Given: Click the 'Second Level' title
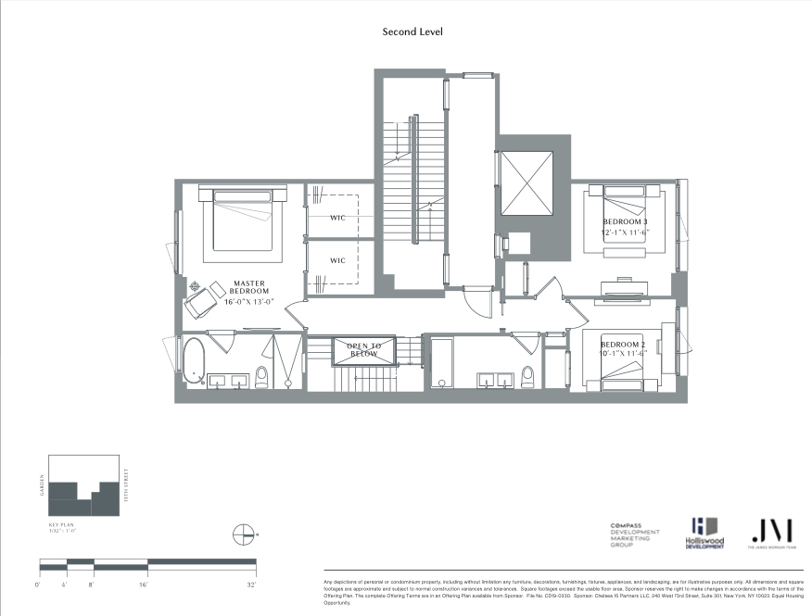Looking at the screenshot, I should [412, 31].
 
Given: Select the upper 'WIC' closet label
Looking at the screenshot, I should [337, 219].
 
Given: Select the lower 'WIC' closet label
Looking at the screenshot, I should [337, 260].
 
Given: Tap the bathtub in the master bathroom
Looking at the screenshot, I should [194, 361].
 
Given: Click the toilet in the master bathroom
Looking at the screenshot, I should [261, 375].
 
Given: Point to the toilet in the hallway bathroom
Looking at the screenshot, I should [528, 375].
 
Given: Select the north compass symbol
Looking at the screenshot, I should [246, 534].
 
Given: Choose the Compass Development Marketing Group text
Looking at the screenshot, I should [635, 535].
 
